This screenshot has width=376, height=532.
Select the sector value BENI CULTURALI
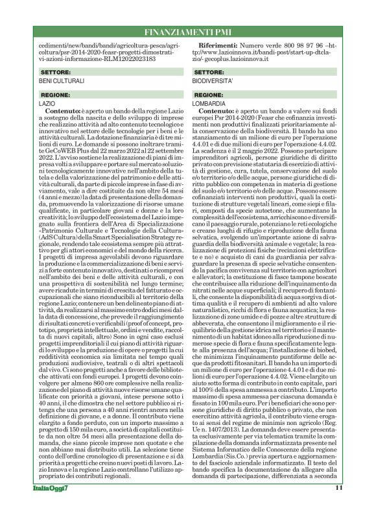58,81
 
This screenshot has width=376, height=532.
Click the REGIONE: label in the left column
54,95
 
